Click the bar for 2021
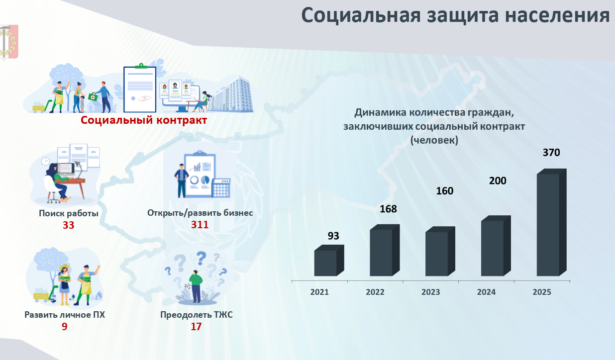pos(329,261)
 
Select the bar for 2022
pos(384,250)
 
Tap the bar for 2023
pos(440,251)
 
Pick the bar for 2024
pos(496,246)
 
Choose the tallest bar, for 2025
pos(552,223)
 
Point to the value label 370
pos(551,153)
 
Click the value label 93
pos(333,236)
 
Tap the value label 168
pos(388,209)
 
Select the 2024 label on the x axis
pos(486,292)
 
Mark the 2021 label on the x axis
pos(319,292)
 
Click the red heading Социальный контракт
pos(144,120)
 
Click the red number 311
pos(200,225)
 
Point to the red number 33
pos(68,225)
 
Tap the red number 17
pos(196,327)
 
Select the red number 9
pos(64,327)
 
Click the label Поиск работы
pos(68,213)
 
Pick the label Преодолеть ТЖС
pos(197,315)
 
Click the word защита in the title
pos(463,15)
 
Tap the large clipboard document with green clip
pos(140,88)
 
